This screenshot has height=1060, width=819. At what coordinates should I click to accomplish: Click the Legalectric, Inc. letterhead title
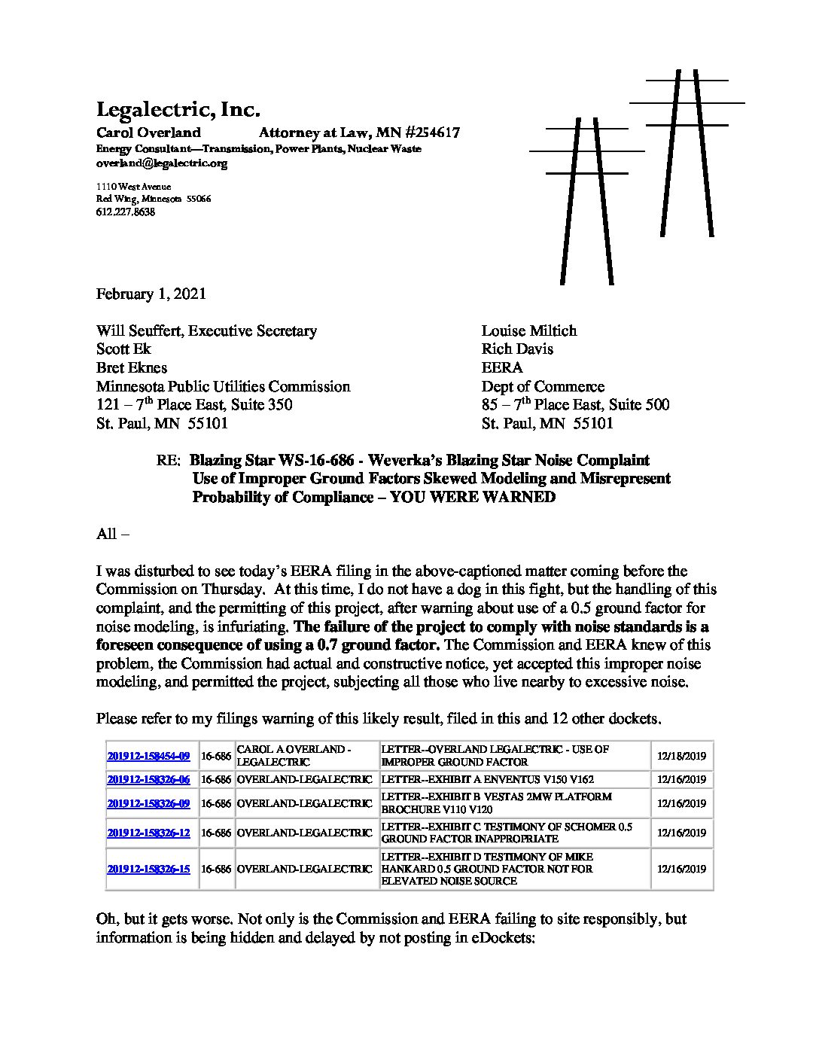tap(178, 111)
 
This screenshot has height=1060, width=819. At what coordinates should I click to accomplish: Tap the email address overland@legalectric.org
tap(161, 163)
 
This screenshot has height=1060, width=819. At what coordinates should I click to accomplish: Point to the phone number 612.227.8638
tap(125, 212)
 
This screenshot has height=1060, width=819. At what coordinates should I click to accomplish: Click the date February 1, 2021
tap(151, 294)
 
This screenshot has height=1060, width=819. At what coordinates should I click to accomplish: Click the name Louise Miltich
tap(529, 330)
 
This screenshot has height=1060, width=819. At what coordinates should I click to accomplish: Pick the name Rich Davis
tap(517, 349)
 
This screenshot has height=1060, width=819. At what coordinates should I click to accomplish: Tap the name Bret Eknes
tap(132, 367)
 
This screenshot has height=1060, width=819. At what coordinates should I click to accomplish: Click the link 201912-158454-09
tap(148, 756)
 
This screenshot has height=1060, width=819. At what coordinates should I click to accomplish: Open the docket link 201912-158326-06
tap(148, 779)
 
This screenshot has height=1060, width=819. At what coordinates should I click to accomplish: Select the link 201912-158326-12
tap(148, 833)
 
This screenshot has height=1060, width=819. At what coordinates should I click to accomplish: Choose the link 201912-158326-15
tap(148, 869)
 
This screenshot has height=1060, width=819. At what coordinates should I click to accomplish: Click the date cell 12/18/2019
tap(681, 756)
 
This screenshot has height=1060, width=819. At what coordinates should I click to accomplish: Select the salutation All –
tap(113, 534)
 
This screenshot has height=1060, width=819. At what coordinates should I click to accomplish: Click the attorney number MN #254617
tap(425, 133)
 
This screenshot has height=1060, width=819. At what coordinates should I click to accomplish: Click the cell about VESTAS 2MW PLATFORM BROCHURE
tap(497, 803)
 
